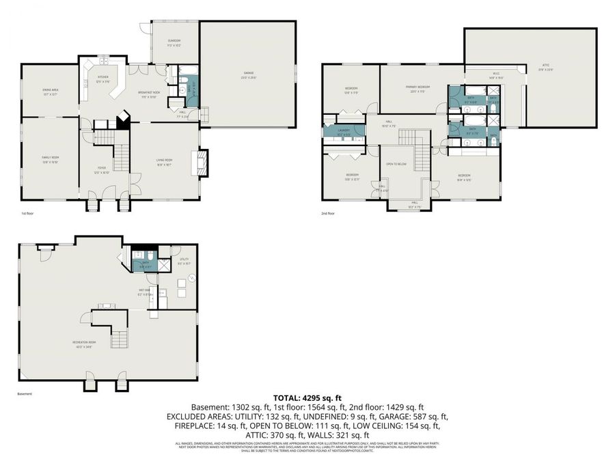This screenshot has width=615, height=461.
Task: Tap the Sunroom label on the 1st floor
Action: click(174, 42)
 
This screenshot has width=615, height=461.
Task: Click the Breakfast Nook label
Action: click(148, 94)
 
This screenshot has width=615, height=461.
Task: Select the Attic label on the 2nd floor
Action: click(546, 66)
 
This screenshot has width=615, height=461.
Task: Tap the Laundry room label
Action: click(343, 131)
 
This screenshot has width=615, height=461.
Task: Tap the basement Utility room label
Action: click(184, 260)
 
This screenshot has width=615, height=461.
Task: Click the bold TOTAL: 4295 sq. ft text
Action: click(307, 397)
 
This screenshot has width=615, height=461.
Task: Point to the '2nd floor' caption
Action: click(328, 214)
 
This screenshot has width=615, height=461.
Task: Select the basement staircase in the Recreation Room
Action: click(120, 337)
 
